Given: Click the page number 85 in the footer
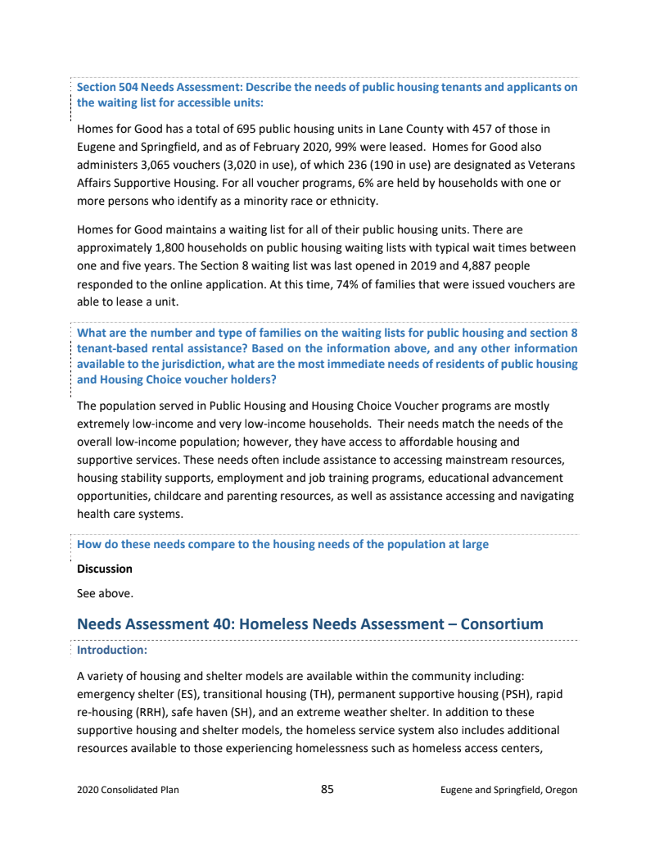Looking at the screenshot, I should pos(327,790).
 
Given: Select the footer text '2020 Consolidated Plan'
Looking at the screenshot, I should pos(128,791).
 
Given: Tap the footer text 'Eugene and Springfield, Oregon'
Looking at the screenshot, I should pos(508,791).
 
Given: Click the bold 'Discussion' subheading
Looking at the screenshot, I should pos(104,569).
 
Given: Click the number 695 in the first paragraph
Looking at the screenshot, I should pos(246,129).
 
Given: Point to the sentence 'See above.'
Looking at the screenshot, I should pos(105,592).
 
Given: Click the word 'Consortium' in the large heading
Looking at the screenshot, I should pos(502,624).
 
